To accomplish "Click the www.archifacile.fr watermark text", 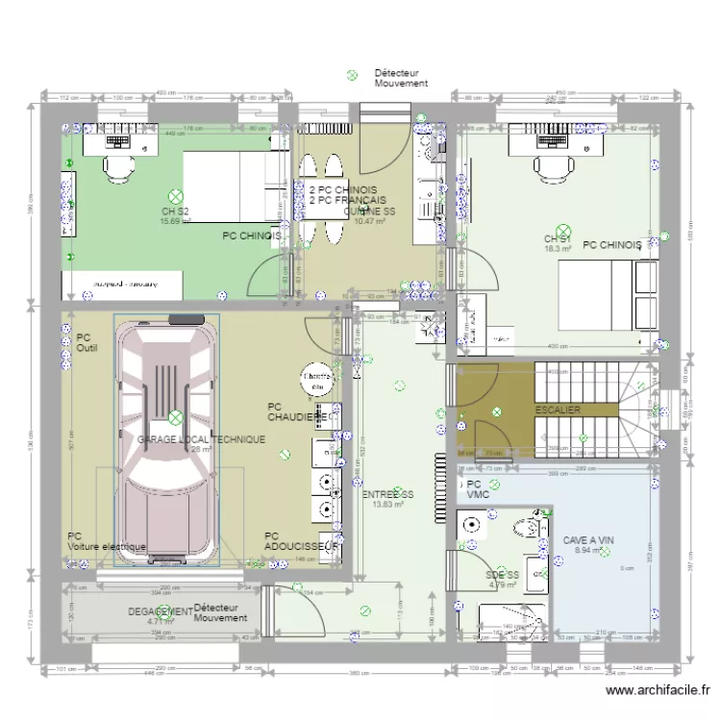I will tap(659, 689).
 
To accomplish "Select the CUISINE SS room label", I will tap(369, 211).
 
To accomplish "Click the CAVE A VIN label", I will tap(587, 540).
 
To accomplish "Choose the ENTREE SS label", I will tap(387, 493).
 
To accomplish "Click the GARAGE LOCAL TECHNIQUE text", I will tap(201, 438).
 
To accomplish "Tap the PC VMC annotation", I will tap(478, 489).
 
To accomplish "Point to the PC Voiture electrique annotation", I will tap(106, 541).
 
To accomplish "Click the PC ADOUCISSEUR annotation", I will tap(301, 541).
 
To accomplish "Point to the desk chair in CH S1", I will tap(552, 168).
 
